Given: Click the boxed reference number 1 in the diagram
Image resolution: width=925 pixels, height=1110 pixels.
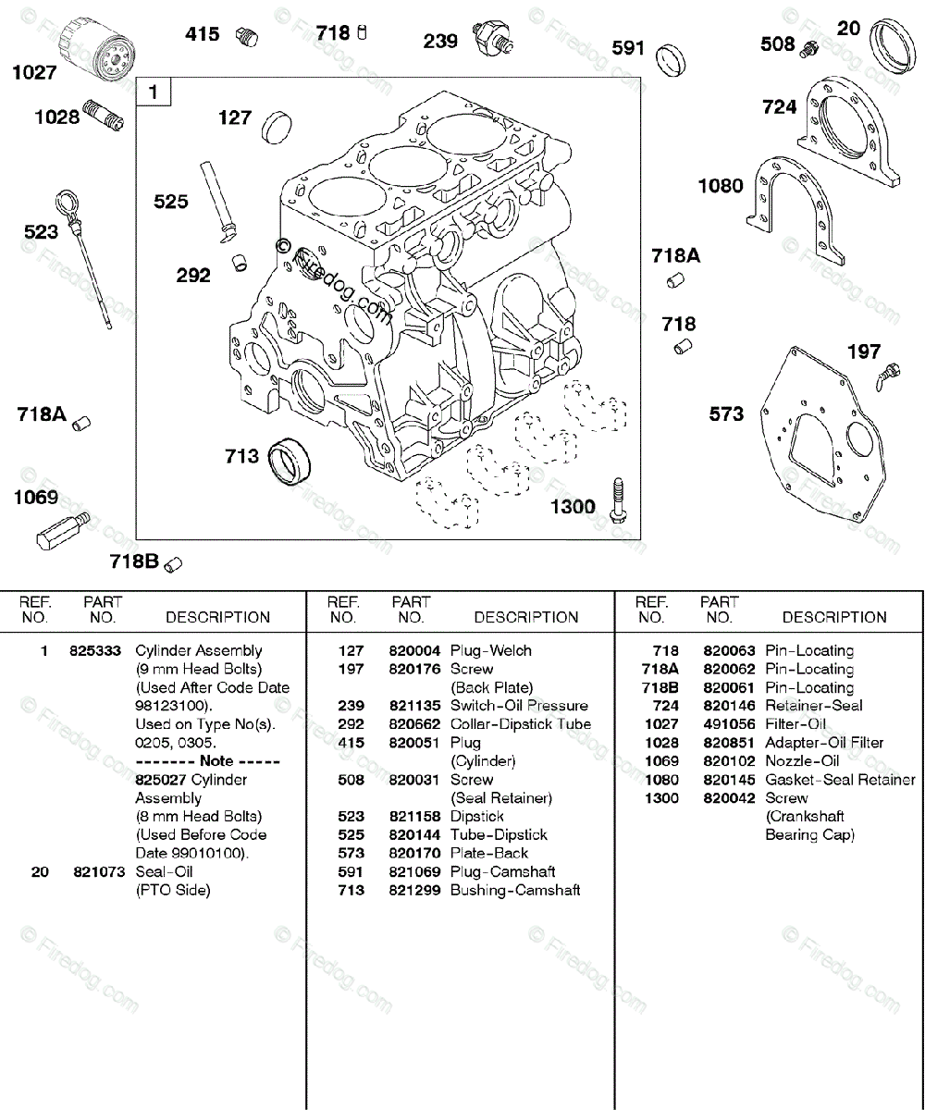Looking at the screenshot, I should pyautogui.click(x=154, y=92).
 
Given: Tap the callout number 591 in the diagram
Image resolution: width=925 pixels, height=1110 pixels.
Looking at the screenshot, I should pyautogui.click(x=628, y=47).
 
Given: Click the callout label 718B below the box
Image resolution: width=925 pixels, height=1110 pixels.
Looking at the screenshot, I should pyautogui.click(x=134, y=560).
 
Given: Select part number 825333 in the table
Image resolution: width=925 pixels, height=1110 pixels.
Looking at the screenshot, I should pyautogui.click(x=95, y=650).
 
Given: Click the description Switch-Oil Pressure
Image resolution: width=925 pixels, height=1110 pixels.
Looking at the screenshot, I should pyautogui.click(x=519, y=706).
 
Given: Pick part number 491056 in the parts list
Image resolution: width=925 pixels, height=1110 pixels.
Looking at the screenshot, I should pyautogui.click(x=729, y=724).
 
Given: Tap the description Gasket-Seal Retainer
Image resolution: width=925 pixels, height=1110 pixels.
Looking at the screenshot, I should pyautogui.click(x=840, y=780).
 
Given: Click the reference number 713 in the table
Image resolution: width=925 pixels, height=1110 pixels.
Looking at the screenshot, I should pyautogui.click(x=351, y=890).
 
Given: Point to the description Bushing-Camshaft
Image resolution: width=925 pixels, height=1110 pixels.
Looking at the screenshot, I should pyautogui.click(x=515, y=890).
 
